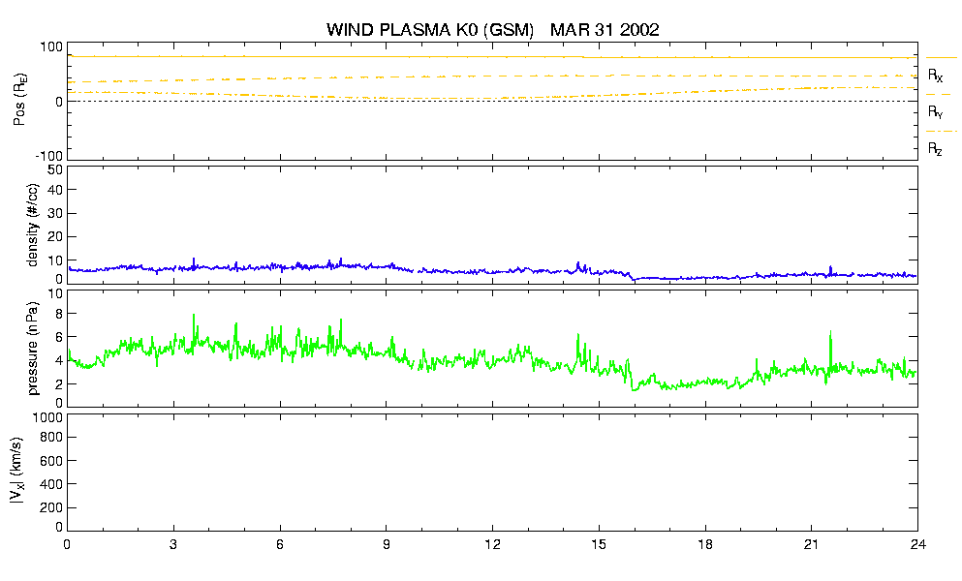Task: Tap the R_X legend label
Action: (936, 76)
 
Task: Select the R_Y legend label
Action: (936, 111)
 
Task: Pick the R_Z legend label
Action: (935, 148)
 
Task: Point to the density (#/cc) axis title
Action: (33, 226)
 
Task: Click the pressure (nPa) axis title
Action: (33, 349)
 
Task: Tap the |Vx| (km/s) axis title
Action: (17, 472)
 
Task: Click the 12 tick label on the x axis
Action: (492, 545)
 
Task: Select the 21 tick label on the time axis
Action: (811, 545)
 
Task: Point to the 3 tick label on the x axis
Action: (173, 545)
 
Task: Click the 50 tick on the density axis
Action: (55, 170)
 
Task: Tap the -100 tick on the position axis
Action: (50, 156)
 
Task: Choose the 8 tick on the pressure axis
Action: (59, 314)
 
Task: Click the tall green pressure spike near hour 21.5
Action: (830, 350)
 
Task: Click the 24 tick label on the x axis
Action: (917, 545)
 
